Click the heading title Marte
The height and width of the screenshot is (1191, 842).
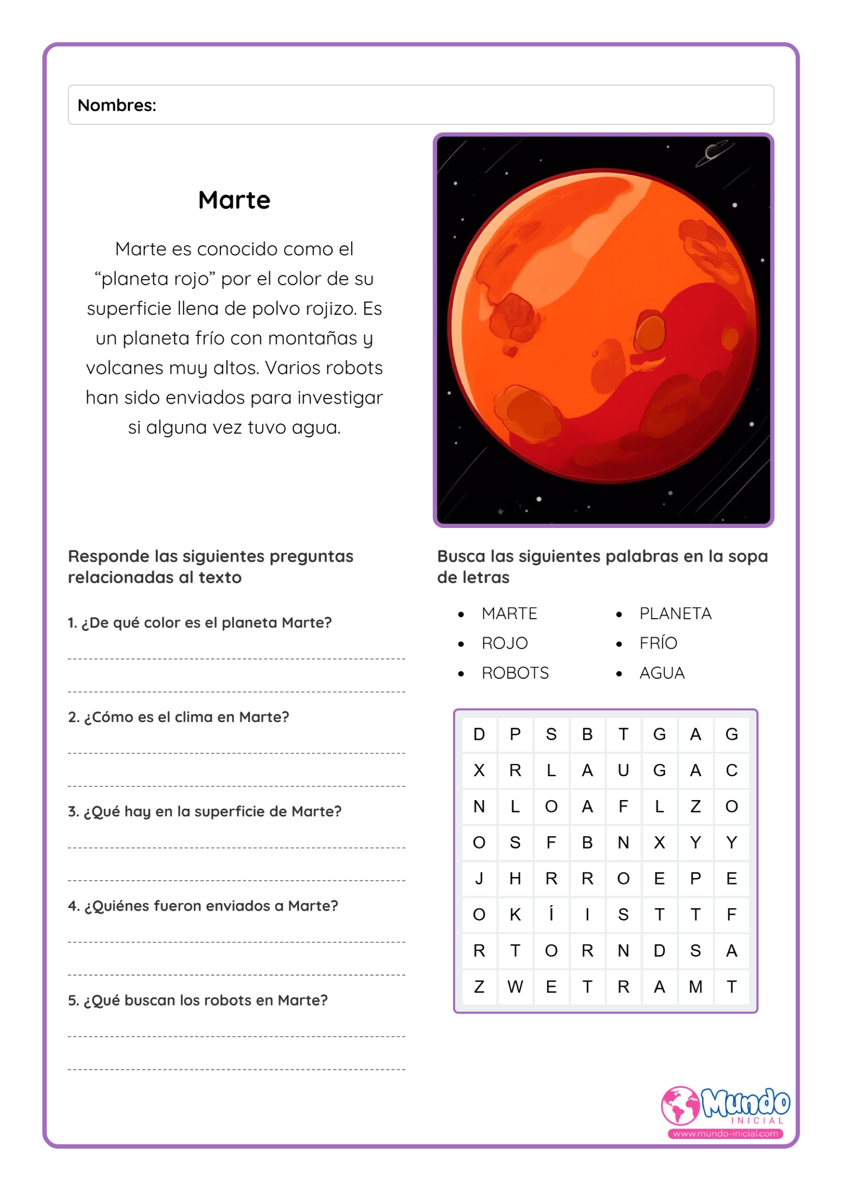tap(234, 200)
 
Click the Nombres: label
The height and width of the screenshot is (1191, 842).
tap(117, 105)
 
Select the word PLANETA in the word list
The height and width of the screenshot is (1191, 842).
tap(675, 614)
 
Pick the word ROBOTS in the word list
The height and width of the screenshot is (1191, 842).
tap(515, 673)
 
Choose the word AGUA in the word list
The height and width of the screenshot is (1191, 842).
tap(662, 673)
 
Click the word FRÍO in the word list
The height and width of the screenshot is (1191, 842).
tap(658, 643)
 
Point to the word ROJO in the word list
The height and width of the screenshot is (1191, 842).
tap(504, 643)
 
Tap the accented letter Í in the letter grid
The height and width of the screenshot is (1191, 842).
tap(551, 914)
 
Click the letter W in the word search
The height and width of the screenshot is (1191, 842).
tap(515, 986)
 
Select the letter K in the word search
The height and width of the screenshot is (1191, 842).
tap(515, 914)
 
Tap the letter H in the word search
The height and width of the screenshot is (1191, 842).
tap(515, 878)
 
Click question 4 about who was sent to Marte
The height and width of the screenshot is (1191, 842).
tap(203, 906)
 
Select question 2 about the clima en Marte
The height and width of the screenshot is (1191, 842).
tap(178, 717)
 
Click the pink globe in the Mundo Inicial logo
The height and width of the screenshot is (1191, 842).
tap(680, 1105)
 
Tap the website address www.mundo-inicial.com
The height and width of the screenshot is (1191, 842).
tap(725, 1133)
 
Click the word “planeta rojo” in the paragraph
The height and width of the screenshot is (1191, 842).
tap(154, 279)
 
